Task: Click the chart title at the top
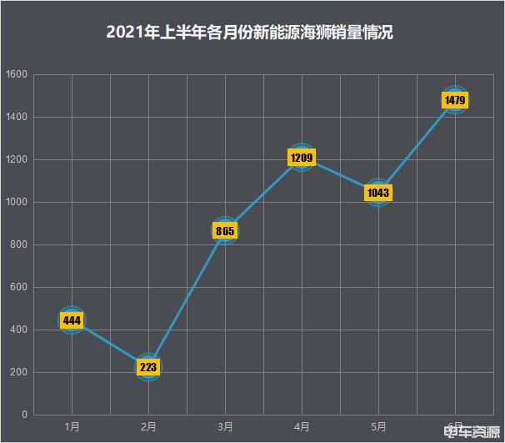click(250, 33)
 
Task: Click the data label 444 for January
click(72, 320)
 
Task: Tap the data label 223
click(148, 367)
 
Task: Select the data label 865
click(225, 230)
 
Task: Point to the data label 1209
click(302, 157)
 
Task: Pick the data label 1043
click(378, 193)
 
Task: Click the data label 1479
click(455, 101)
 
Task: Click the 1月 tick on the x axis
click(72, 426)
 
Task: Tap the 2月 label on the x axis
click(148, 426)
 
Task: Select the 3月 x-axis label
click(225, 426)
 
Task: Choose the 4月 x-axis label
click(302, 426)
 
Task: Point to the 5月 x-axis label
click(378, 426)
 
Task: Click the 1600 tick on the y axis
click(17, 75)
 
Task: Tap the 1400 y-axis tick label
click(17, 118)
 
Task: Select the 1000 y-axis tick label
click(17, 203)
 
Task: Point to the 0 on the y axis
click(24, 415)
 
